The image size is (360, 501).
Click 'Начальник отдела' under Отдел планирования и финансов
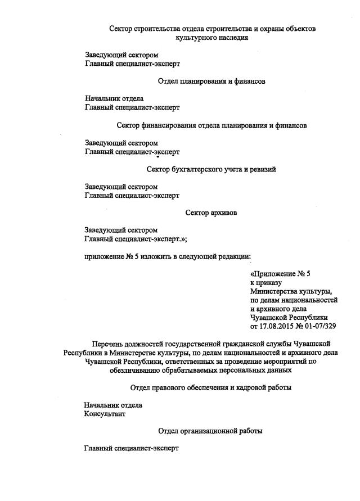[x=114, y=98]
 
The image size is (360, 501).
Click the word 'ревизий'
[x=263, y=169]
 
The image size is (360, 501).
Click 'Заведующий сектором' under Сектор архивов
[x=121, y=230]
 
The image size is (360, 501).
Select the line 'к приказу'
[x=266, y=283]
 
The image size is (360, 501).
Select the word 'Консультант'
[x=105, y=414]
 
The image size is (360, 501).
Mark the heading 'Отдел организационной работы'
[x=210, y=431]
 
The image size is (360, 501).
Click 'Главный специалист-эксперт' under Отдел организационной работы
[x=131, y=449]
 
